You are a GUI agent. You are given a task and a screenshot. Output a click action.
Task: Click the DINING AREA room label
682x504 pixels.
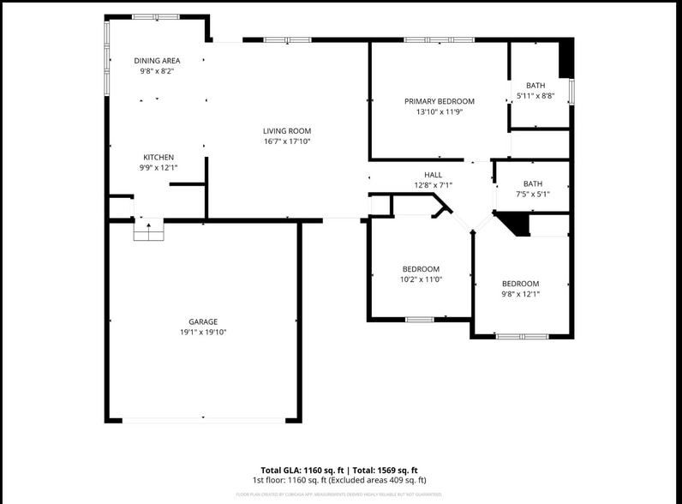click(x=157, y=60)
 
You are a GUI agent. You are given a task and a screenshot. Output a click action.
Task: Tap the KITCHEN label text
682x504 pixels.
click(x=159, y=157)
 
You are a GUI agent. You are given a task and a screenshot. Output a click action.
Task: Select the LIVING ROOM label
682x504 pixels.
click(x=286, y=130)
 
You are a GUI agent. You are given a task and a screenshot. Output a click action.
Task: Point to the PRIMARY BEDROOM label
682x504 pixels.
click(x=439, y=101)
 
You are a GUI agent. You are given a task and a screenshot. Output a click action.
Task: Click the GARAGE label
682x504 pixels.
click(x=203, y=321)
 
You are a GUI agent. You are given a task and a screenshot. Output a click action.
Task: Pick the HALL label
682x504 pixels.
click(x=433, y=174)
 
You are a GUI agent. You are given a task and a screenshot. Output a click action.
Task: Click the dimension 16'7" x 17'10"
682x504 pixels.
click(x=286, y=141)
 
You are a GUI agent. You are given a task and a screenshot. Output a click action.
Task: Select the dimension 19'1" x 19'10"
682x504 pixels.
click(x=203, y=332)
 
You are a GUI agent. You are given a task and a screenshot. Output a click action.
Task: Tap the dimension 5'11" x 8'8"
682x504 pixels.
click(x=535, y=96)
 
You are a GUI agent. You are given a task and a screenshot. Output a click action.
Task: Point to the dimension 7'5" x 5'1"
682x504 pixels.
click(x=533, y=194)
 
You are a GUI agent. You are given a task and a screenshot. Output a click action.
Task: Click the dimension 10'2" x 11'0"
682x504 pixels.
click(x=421, y=279)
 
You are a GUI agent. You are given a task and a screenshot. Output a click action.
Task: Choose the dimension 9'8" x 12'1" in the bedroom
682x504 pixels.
click(x=520, y=294)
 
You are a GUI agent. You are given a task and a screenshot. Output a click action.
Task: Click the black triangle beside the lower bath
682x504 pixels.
click(x=515, y=224)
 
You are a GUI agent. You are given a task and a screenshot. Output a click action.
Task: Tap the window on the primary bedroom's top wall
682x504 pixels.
click(x=439, y=39)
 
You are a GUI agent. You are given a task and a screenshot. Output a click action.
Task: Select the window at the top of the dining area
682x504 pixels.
click(x=155, y=16)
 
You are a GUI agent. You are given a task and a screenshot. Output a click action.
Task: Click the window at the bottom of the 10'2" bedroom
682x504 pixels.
click(x=420, y=320)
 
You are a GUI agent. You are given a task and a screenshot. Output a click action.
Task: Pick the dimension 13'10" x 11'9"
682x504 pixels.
click(x=439, y=111)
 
